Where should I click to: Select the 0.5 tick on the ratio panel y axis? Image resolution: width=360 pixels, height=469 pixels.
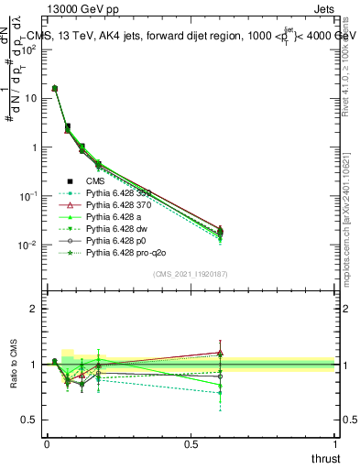(x=27, y=420)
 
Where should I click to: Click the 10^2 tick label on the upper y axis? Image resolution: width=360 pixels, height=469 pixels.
(x=27, y=49)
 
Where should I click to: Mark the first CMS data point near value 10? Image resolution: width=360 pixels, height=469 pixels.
(x=55, y=89)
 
